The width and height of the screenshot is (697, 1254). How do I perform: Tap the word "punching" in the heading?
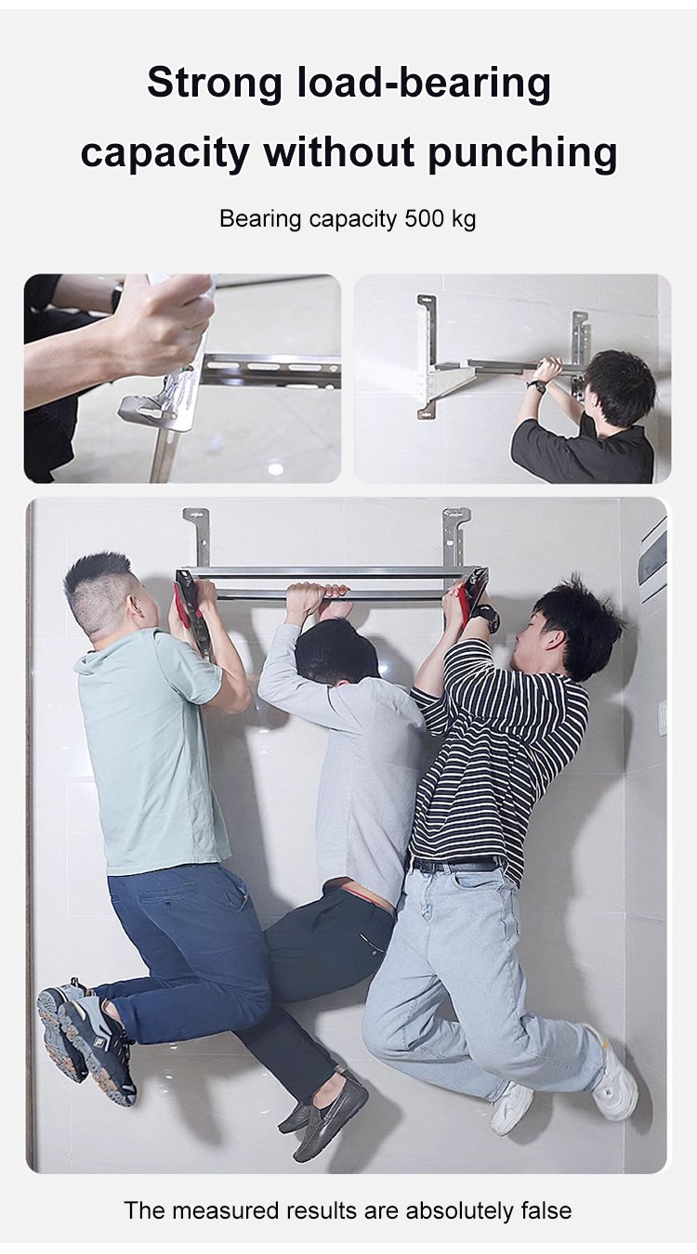pyautogui.click(x=522, y=153)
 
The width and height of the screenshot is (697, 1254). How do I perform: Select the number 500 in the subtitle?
pyautogui.click(x=424, y=218)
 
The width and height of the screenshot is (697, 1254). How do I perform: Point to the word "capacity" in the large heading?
pyautogui.click(x=164, y=153)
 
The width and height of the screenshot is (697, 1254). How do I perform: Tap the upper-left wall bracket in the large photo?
pyautogui.click(x=197, y=536)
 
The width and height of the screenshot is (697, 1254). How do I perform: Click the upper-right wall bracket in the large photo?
pyautogui.click(x=455, y=536)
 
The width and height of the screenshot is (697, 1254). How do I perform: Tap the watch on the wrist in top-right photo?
pyautogui.click(x=537, y=385)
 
